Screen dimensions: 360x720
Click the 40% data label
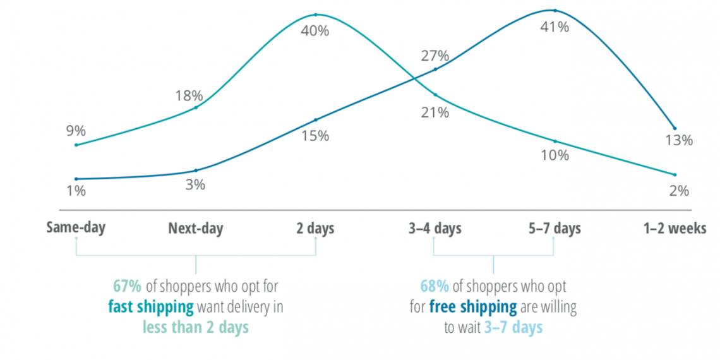[315, 30]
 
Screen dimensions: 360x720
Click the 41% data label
[555, 27]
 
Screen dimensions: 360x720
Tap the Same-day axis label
[76, 227]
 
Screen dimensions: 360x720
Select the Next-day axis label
[196, 228]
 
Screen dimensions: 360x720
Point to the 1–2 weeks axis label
[675, 228]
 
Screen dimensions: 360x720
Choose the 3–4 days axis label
[435, 228]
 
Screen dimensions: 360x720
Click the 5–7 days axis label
[555, 228]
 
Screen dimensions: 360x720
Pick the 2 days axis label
[315, 228]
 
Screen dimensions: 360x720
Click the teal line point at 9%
[76, 145]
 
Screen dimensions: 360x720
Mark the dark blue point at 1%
[76, 179]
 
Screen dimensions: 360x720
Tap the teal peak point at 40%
[315, 15]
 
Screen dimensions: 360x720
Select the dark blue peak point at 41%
[555, 10]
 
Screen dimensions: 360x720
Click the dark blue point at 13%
[675, 128]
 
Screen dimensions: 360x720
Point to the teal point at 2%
[675, 174]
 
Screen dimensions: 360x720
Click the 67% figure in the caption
[127, 286]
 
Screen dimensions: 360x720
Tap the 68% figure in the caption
[434, 286]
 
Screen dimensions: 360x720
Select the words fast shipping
[151, 307]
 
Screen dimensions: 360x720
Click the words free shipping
[472, 307]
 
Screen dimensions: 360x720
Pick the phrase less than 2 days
[195, 327]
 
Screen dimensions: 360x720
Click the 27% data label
[435, 56]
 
